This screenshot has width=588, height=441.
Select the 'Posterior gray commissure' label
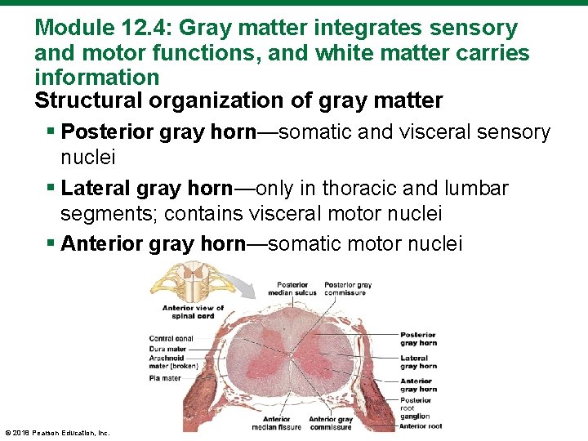[x=347, y=290]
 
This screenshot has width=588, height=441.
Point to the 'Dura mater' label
[x=167, y=349]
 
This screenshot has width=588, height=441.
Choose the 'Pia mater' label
[x=164, y=378]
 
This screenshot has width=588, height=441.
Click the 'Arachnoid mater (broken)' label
[x=169, y=363]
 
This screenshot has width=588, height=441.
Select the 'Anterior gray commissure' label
[x=330, y=423]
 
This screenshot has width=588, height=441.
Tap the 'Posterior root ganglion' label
[x=416, y=408]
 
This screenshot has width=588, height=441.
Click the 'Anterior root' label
[x=420, y=425]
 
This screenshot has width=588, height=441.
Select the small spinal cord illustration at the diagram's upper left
[x=179, y=285]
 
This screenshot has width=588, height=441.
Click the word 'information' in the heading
[x=96, y=78]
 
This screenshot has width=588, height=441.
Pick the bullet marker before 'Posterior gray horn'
[x=53, y=132]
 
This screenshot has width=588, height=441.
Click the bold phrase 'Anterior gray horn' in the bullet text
[x=154, y=243]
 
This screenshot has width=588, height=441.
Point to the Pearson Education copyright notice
[x=57, y=433]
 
